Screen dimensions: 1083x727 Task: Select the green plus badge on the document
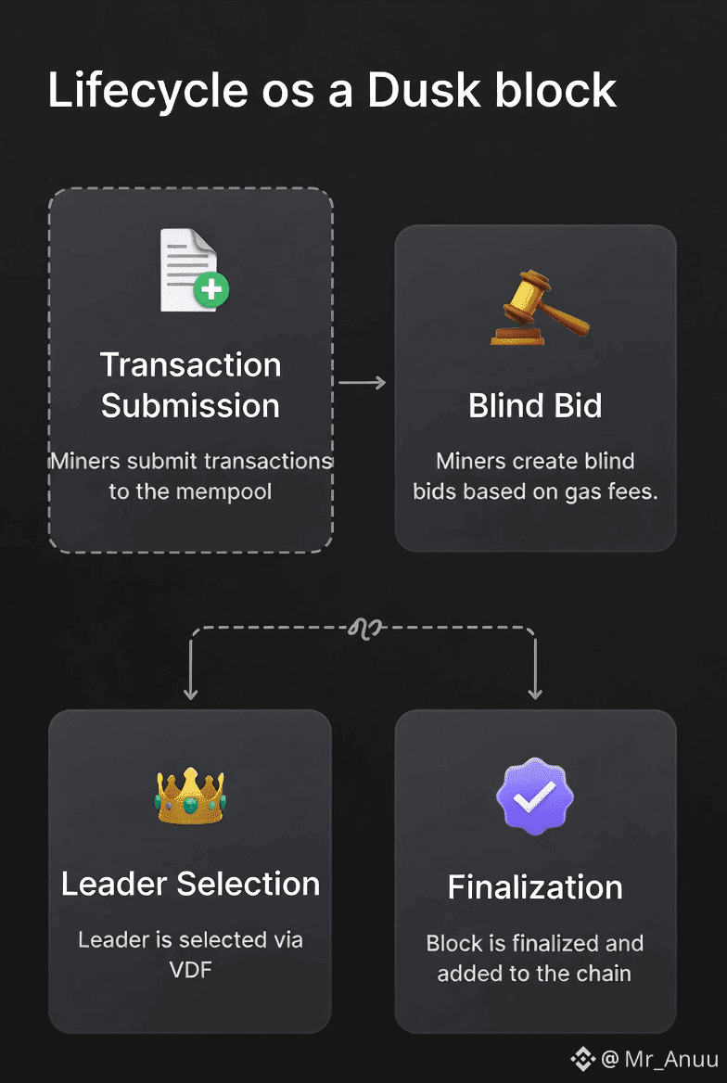point(211,289)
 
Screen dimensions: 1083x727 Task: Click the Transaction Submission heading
point(190,385)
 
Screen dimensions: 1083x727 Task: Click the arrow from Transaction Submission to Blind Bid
point(363,382)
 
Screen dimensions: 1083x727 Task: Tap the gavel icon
point(539,308)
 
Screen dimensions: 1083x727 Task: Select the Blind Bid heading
point(535,405)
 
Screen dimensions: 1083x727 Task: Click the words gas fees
point(610,491)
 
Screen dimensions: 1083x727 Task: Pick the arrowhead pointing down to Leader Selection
point(191,692)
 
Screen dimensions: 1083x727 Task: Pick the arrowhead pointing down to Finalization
point(535,692)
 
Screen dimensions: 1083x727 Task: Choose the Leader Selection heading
point(190,884)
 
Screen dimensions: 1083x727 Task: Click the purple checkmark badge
point(535,796)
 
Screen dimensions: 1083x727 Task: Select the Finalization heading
point(535,887)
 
